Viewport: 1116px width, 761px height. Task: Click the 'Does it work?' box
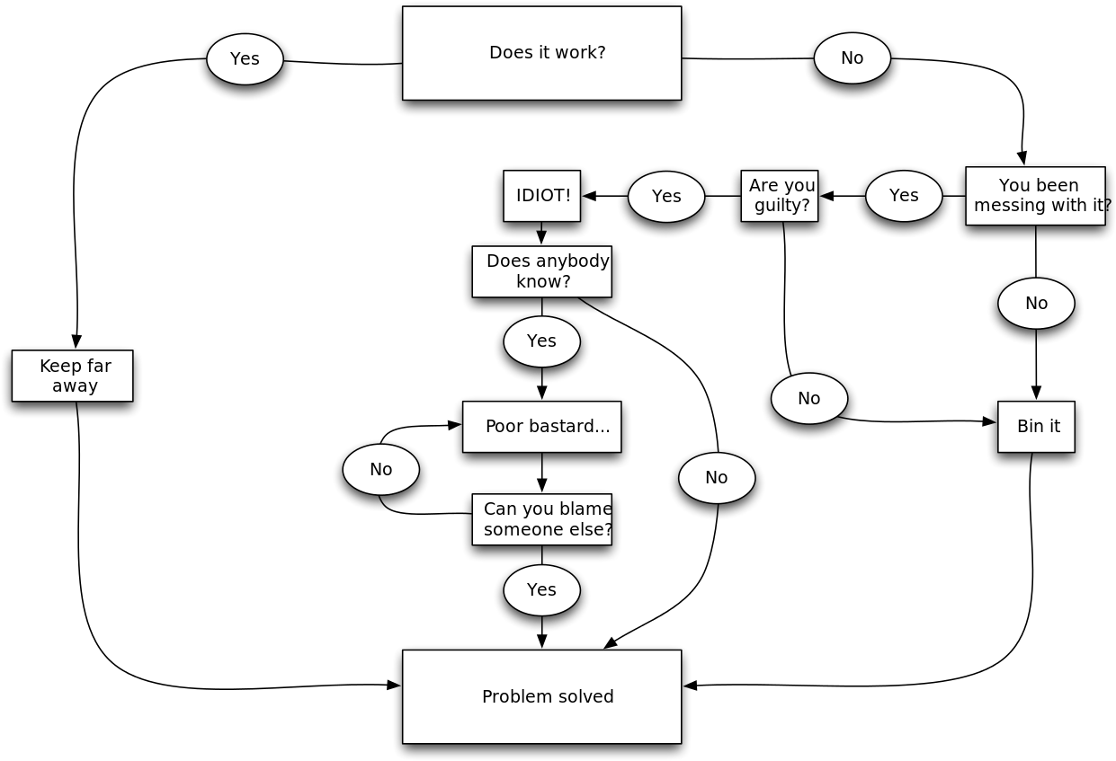(541, 53)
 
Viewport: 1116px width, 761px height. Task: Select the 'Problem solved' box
(541, 696)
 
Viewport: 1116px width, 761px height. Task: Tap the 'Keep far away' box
(72, 376)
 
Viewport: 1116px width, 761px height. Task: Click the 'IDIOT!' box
(541, 196)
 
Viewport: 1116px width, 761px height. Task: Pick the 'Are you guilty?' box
(779, 196)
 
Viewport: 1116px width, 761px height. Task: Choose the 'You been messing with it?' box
(1035, 196)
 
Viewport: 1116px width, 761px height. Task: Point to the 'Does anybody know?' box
(541, 271)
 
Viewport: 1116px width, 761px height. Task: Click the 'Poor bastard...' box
(541, 427)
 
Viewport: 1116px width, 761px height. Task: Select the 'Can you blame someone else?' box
(541, 519)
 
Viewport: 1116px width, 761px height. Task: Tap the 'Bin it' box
(1036, 427)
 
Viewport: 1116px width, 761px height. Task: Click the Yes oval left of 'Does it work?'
(245, 58)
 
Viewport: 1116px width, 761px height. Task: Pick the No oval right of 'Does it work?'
(852, 58)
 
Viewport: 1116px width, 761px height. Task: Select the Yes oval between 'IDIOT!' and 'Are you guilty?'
(666, 196)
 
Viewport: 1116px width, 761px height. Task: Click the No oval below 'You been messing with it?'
(1036, 303)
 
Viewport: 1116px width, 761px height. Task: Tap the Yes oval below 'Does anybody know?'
(541, 341)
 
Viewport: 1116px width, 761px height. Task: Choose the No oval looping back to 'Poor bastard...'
(380, 469)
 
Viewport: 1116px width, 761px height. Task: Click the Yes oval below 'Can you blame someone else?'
(541, 589)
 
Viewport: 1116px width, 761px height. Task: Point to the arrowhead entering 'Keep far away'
(76, 341)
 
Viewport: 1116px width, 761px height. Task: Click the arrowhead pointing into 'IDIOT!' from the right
(589, 196)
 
